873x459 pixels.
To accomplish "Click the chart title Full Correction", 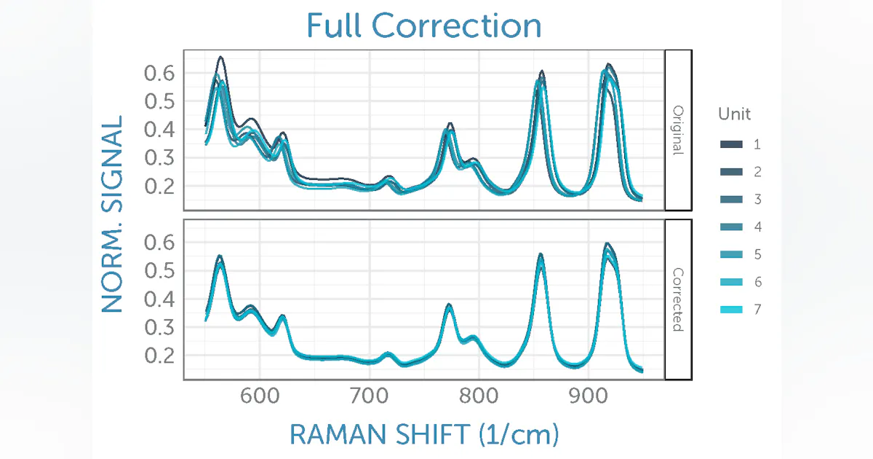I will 423,25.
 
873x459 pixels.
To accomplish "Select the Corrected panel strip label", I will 678,299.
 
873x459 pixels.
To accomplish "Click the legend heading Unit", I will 734,114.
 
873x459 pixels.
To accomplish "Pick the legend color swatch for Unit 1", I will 731,144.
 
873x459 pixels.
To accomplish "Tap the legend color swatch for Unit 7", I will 731,310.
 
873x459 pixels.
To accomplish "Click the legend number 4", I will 757,227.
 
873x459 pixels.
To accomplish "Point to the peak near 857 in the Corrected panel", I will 541,256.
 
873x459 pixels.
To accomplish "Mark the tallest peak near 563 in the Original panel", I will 220,58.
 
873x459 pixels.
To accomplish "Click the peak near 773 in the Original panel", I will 450,125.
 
